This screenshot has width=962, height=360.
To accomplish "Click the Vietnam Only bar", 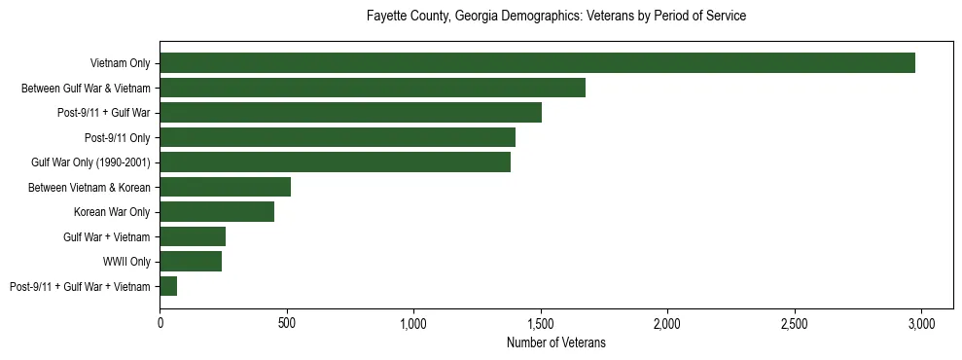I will pyautogui.click(x=538, y=63).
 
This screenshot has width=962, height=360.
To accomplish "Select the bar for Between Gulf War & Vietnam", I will pyautogui.click(x=373, y=88).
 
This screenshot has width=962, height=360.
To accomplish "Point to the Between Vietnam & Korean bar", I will pyautogui.click(x=226, y=187).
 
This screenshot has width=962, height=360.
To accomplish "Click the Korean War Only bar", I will pyautogui.click(x=217, y=212).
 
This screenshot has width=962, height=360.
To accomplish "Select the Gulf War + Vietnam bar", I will pyautogui.click(x=193, y=236).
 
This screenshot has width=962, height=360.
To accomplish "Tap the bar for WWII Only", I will pyautogui.click(x=191, y=261).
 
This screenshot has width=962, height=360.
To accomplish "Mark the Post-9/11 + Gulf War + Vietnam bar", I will pyautogui.click(x=168, y=286).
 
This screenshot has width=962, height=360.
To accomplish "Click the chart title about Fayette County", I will pyautogui.click(x=556, y=17).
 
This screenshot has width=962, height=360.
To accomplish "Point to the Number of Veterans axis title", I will pyautogui.click(x=556, y=342).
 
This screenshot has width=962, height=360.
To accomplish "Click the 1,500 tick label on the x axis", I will pyautogui.click(x=541, y=322).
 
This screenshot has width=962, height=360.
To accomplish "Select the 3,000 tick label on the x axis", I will pyautogui.click(x=921, y=322).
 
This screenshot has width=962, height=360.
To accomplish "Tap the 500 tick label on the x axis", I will pyautogui.click(x=287, y=322).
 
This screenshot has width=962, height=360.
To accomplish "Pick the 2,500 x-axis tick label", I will pyautogui.click(x=795, y=322).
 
